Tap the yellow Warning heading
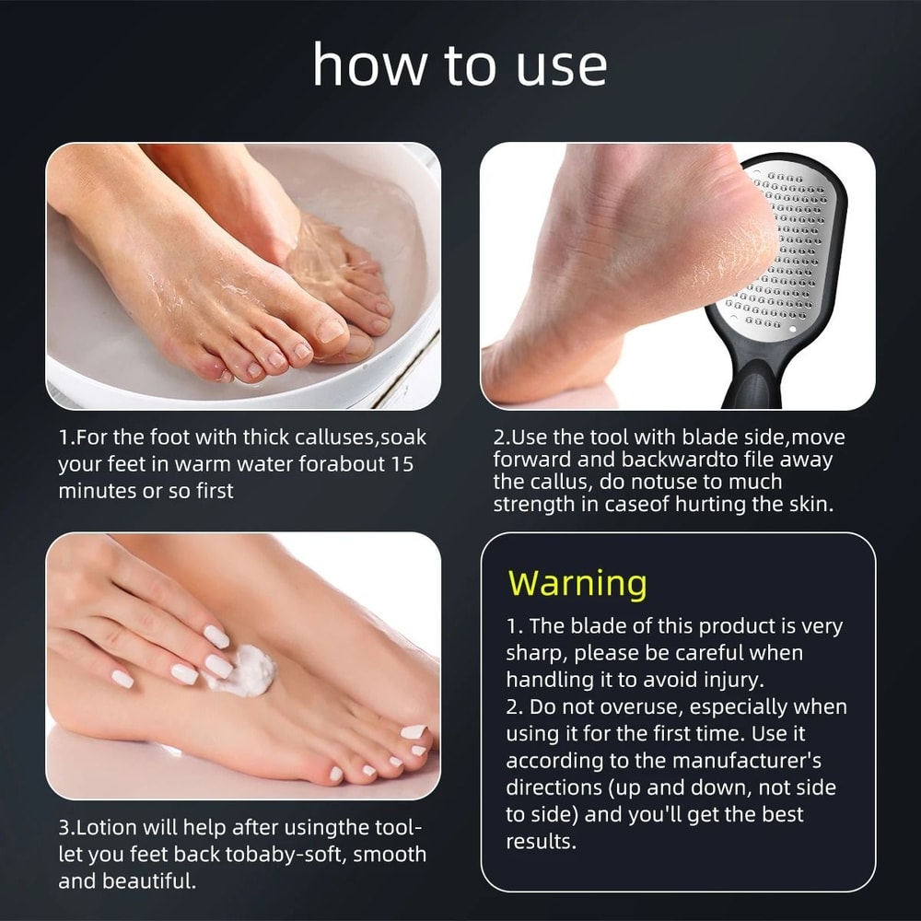click(577, 583)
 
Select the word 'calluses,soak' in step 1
click(356, 437)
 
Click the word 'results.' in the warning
click(542, 842)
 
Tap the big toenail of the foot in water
click(330, 328)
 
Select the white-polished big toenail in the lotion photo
click(414, 732)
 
